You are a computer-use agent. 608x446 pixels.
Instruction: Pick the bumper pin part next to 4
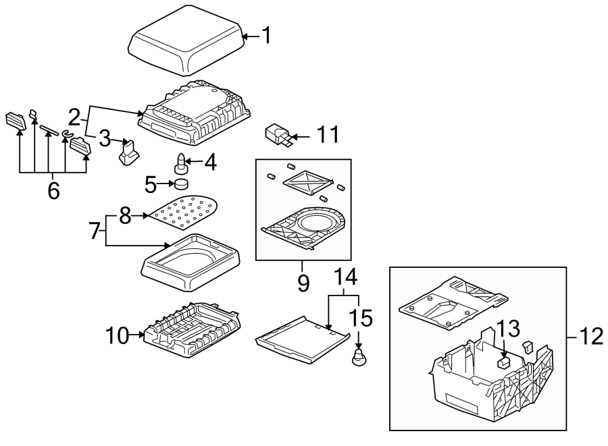[x=182, y=163]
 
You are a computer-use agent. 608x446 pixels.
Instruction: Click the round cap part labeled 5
[x=181, y=184]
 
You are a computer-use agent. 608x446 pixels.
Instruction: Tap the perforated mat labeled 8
[x=184, y=211]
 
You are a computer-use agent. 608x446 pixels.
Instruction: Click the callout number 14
[x=343, y=278]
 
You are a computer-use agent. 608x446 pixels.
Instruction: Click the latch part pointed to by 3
[x=128, y=153]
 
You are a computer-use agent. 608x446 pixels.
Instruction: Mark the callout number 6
[x=53, y=191]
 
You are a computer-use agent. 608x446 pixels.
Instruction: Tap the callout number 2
[x=74, y=115]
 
